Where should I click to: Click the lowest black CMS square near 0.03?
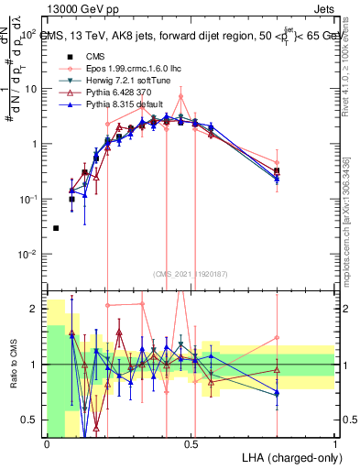tap(56, 228)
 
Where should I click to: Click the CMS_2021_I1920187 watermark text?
tap(191, 273)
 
